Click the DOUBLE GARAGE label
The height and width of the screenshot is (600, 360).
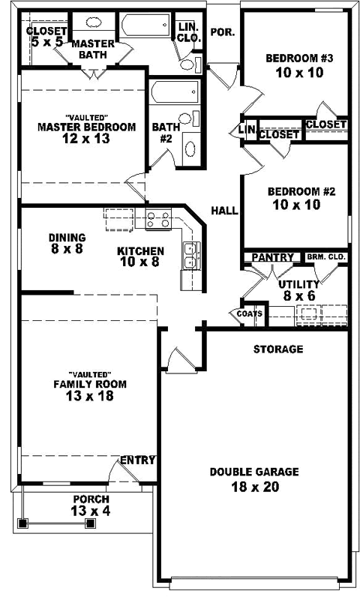click(x=254, y=472)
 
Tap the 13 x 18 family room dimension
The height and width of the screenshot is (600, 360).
click(x=89, y=397)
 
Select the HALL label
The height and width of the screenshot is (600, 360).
click(x=225, y=211)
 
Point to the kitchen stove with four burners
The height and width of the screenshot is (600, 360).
click(x=159, y=220)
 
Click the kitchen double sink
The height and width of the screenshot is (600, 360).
click(x=190, y=255)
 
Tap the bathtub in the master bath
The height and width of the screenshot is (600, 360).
click(x=145, y=28)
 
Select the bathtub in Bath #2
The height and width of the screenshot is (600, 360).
click(x=172, y=94)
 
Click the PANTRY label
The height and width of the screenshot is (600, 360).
click(x=272, y=257)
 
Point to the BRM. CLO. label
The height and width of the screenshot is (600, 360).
click(x=326, y=257)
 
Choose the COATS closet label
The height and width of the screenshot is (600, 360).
click(x=249, y=314)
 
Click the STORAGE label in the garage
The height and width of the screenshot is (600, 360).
click(x=277, y=349)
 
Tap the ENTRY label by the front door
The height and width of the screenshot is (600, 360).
click(x=138, y=460)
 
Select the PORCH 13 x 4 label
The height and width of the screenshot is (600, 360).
click(x=91, y=505)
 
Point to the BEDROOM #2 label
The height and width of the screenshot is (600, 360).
click(x=301, y=190)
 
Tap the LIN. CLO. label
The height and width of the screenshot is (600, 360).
click(x=187, y=31)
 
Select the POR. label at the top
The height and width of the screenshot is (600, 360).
click(x=222, y=32)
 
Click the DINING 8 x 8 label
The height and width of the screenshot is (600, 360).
click(x=67, y=242)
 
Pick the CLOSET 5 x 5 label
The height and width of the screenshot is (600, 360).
click(x=46, y=37)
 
